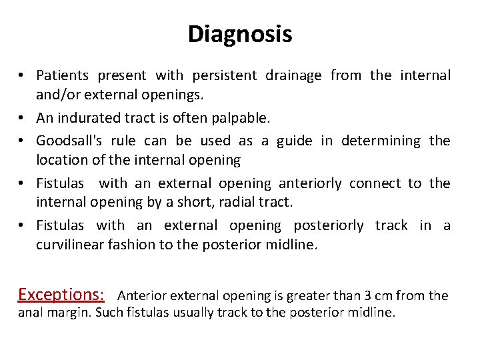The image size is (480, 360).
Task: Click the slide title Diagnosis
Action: coord(240,34)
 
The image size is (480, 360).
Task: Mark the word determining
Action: coord(381,141)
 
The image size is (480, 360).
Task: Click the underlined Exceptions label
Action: coord(61,295)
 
